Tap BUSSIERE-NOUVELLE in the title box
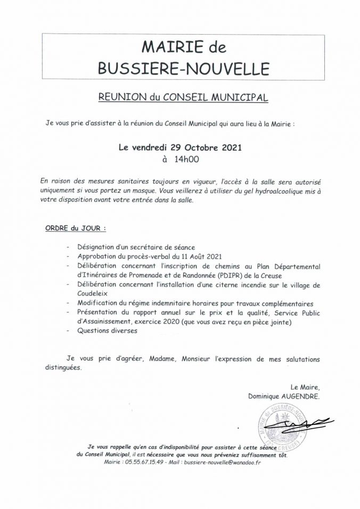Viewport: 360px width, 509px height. click(x=180, y=69)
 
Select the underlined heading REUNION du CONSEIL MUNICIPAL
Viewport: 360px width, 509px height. click(x=180, y=97)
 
